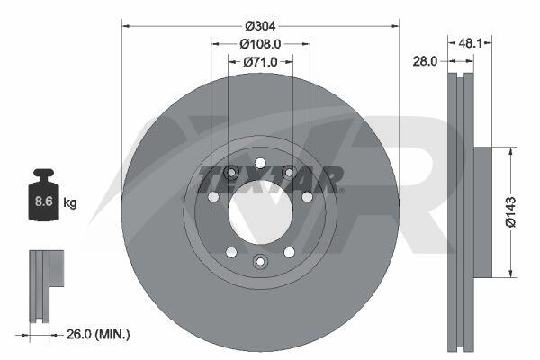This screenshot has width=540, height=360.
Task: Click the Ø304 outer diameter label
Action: tap(260, 26)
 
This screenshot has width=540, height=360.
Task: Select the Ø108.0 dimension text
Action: tap(260, 44)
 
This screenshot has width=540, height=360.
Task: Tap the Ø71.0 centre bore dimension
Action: tap(260, 62)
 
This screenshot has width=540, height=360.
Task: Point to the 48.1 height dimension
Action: tap(470, 43)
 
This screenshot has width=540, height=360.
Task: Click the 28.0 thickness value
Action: tap(425, 61)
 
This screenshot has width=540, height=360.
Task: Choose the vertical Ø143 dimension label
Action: tap(511, 212)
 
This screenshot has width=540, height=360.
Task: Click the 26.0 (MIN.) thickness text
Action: tap(98, 334)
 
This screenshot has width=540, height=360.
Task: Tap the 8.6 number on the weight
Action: tap(44, 201)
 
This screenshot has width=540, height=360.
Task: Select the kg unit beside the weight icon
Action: tap(70, 202)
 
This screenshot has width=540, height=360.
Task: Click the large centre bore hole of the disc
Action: tap(260, 212)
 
